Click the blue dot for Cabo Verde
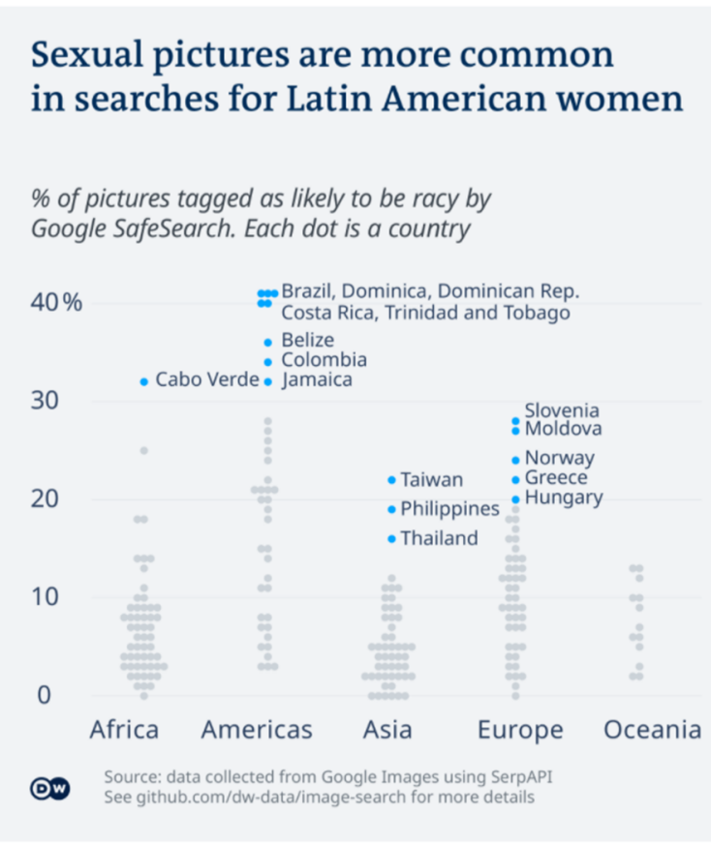(x=144, y=381)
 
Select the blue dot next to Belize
(x=268, y=342)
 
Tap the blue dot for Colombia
(x=268, y=362)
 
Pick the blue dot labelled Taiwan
(x=391, y=480)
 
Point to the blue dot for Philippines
(x=391, y=509)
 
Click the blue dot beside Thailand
(x=391, y=538)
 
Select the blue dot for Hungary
(x=515, y=499)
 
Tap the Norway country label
(x=559, y=458)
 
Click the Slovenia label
(x=562, y=411)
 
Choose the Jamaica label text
(x=317, y=380)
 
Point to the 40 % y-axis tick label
(x=57, y=303)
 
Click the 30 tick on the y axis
(x=45, y=401)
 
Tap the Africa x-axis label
(x=123, y=730)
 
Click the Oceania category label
(x=652, y=730)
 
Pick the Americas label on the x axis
(x=257, y=730)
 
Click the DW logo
(x=49, y=788)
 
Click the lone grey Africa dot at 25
(x=144, y=450)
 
